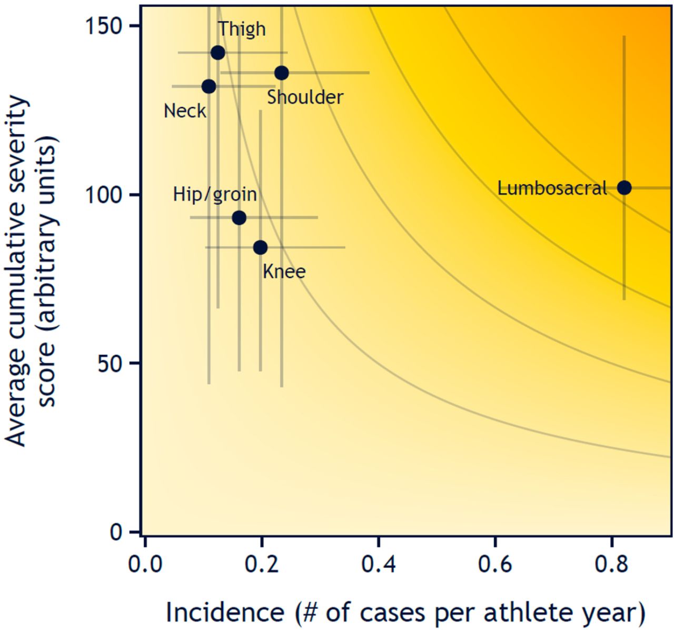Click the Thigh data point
(217, 53)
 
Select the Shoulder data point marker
(282, 73)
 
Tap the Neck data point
(209, 86)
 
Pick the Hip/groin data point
(239, 217)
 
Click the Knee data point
(260, 247)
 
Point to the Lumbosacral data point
(624, 188)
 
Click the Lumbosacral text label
(552, 188)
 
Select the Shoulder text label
(305, 97)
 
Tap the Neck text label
(185, 111)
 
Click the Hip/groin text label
(215, 195)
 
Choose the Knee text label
(284, 272)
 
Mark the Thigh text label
(242, 29)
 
